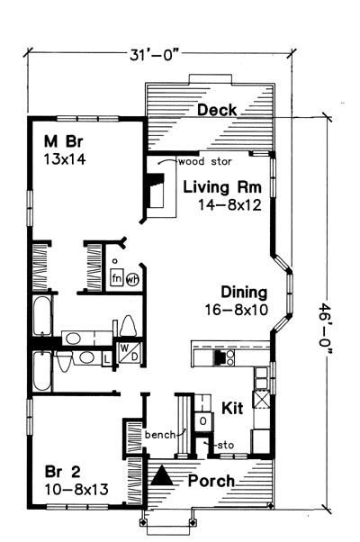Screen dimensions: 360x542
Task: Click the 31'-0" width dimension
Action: pos(155,55)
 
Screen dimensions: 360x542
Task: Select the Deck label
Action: pos(217,110)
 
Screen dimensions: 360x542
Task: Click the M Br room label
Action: pos(64,141)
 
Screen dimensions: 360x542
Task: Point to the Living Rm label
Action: pos(222,187)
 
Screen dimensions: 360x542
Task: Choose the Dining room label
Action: pos(244,293)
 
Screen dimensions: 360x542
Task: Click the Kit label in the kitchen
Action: pos(232,408)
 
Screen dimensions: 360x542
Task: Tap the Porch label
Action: pos(211,481)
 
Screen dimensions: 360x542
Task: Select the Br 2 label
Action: pos(63,472)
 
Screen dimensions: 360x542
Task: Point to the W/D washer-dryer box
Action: pos(130,352)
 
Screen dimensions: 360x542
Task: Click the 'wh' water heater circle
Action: pos(132,279)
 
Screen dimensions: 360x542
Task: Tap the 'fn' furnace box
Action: pos(116,277)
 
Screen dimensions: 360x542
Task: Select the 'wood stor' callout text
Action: pos(205,161)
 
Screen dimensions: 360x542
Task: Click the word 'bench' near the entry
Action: pos(160,435)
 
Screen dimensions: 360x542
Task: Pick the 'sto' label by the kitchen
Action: pos(225,445)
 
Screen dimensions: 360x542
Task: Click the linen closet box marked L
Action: pos(107,359)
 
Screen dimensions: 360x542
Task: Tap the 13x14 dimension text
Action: pos(65,159)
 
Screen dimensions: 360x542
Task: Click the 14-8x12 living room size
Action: pos(229,205)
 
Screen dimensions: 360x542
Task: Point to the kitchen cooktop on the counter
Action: pos(224,357)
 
